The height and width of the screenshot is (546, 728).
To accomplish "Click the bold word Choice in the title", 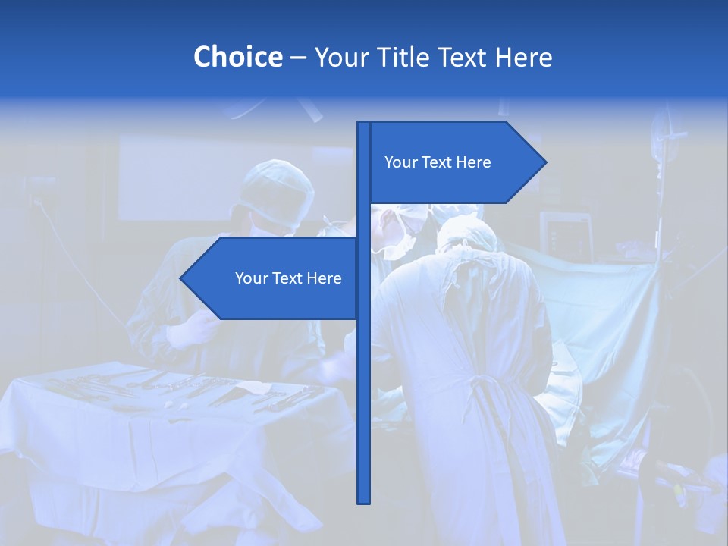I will click(x=237, y=58).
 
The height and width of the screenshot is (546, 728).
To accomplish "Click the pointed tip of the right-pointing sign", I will click(x=544, y=162).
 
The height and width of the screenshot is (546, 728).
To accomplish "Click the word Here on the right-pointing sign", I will click(x=473, y=162).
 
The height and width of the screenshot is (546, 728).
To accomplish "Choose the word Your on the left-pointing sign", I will click(x=252, y=278).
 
